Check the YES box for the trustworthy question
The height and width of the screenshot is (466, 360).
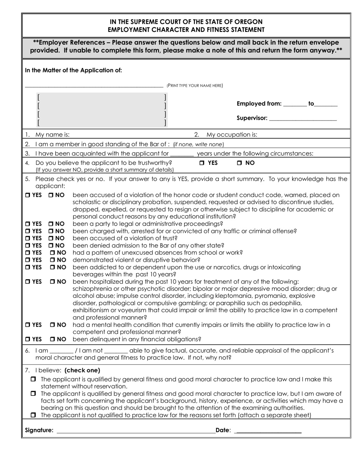click(x=202, y=163)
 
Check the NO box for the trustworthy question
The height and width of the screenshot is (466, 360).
click(x=239, y=163)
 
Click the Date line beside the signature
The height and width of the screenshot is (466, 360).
click(x=268, y=430)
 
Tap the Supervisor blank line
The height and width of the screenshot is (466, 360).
click(x=303, y=118)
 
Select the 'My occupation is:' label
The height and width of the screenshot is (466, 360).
click(x=232, y=134)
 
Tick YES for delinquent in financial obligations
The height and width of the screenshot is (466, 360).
click(x=28, y=339)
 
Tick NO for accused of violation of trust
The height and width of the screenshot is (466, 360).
click(x=51, y=238)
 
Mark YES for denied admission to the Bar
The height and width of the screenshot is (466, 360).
click(x=28, y=246)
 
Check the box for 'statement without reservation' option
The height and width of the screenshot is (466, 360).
click(x=33, y=379)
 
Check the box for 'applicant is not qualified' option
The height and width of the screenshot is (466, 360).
click(x=33, y=415)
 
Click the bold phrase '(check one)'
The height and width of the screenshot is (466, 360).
click(x=82, y=370)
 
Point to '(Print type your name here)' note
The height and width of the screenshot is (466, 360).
click(x=195, y=86)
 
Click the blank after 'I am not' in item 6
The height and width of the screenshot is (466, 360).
click(x=116, y=351)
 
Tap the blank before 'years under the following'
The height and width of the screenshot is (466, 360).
click(x=182, y=154)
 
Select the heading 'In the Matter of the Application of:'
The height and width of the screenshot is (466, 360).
click(x=74, y=70)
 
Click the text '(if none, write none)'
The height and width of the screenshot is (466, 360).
click(x=198, y=144)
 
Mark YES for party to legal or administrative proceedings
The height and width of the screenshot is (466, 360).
click(x=28, y=224)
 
